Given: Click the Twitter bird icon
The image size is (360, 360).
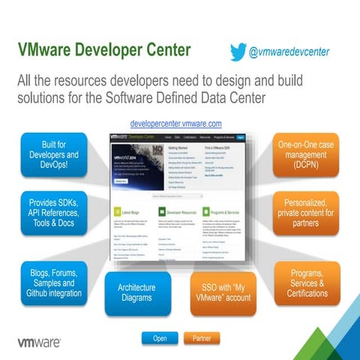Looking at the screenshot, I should [x=238, y=52].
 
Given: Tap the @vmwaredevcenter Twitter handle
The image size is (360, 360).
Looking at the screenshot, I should [x=289, y=52].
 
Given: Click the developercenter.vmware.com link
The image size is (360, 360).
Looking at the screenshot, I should [x=175, y=123].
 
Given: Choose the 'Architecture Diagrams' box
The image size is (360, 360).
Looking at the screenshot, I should [x=136, y=293].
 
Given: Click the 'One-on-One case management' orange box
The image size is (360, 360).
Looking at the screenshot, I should [x=306, y=154].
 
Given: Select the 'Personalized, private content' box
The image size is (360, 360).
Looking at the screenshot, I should [x=306, y=213].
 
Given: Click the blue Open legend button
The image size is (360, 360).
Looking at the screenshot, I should [x=160, y=338].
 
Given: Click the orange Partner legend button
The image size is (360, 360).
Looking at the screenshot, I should [x=202, y=338].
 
